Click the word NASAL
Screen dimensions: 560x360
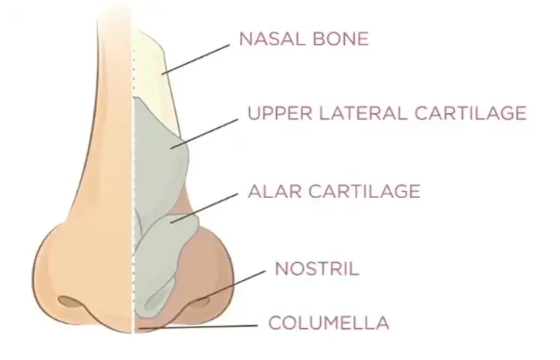coord(272,39)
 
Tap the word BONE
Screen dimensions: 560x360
coord(340,39)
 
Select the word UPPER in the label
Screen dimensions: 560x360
coord(280,113)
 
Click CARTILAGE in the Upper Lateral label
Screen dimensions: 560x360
coord(471,113)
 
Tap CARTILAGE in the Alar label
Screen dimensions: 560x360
coord(364,191)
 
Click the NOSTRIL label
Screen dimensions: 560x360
coord(317,268)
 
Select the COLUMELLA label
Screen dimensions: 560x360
coord(329,322)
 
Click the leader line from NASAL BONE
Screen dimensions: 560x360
coord(195,59)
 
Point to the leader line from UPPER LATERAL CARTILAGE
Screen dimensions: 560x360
coord(204,134)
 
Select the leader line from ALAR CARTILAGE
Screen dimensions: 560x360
coord(204,208)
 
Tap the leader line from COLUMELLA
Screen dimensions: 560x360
coord(198,326)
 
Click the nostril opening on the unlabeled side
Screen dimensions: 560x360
coord(69,301)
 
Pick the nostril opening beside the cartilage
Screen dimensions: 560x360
coord(200,303)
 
